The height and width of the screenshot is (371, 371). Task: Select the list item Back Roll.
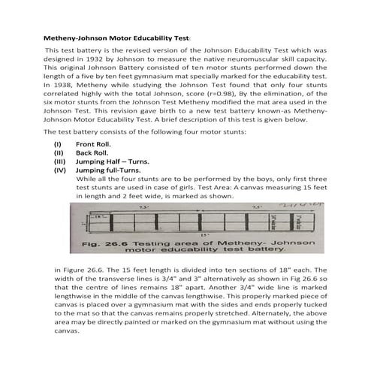click(92, 173)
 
